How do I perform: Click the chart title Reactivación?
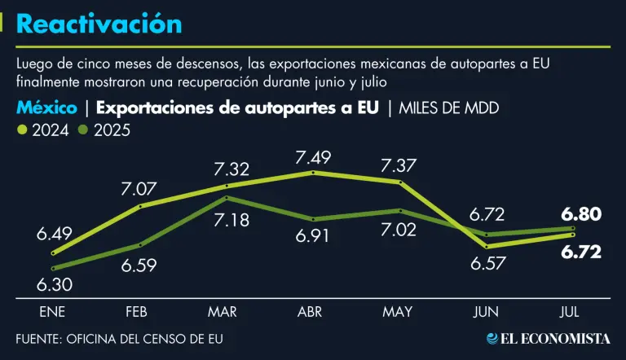(x=99, y=24)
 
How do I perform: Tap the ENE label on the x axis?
(x=52, y=312)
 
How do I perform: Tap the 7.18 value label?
(x=231, y=222)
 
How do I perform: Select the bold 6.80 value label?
(x=581, y=214)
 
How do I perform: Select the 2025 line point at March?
(x=227, y=198)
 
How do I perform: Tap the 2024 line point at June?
(x=487, y=246)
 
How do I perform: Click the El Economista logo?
(x=548, y=338)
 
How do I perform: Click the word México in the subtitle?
(x=46, y=108)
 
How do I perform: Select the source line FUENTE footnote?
(x=119, y=338)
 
